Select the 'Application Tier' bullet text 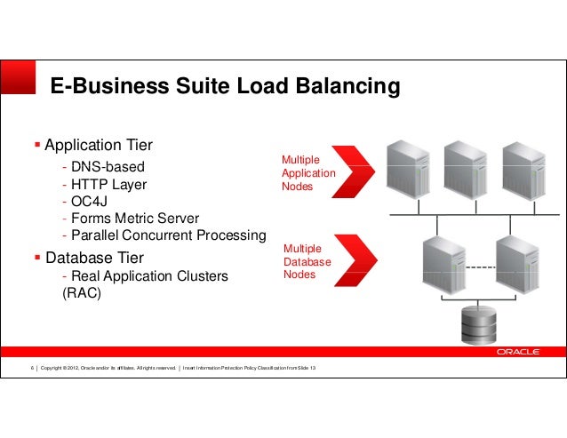pyautogui.click(x=99, y=145)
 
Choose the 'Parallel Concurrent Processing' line pyautogui.click(x=164, y=235)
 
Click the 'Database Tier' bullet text pyautogui.click(x=94, y=258)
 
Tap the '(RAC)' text pyautogui.click(x=82, y=293)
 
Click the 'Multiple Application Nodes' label pyautogui.click(x=307, y=173)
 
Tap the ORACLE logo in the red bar pyautogui.click(x=518, y=352)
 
